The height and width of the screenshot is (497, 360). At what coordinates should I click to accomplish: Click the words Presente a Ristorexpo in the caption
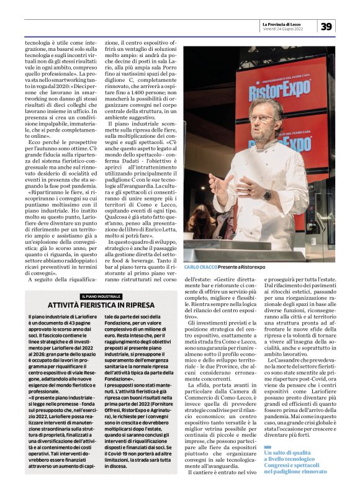click(242, 266)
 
